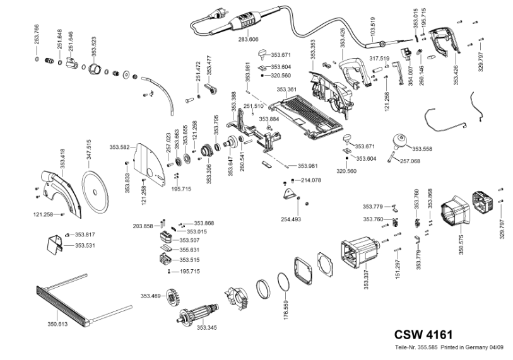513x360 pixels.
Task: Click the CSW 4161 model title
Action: point(423,335)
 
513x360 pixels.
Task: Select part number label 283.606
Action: point(249,40)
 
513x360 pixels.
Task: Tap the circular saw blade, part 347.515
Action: point(95,191)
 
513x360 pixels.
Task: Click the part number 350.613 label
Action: point(57,324)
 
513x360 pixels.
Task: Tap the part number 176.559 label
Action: point(286,310)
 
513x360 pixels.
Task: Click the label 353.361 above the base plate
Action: point(286,90)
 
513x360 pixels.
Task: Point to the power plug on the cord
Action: point(215,15)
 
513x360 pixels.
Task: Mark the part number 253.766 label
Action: point(37,34)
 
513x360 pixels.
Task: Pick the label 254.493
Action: point(291,219)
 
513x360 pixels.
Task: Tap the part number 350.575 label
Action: point(461,245)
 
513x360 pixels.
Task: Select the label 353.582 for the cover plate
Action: point(119,147)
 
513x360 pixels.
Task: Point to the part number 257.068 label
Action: point(410,161)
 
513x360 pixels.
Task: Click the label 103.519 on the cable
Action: point(373,27)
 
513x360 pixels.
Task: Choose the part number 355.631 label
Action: point(189,250)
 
